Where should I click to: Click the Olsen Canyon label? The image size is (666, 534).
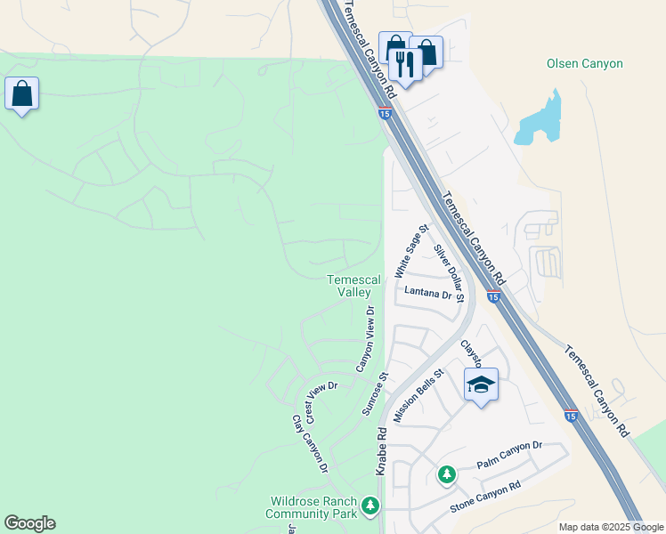point(584,63)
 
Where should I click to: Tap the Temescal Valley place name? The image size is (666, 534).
point(353,286)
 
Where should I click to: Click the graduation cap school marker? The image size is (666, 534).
point(481,385)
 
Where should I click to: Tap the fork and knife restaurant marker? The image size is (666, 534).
point(404,65)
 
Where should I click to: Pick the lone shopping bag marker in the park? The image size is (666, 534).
point(21,93)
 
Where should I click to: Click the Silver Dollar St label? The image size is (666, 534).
point(449,272)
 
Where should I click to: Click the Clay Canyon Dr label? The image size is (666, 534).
point(310,442)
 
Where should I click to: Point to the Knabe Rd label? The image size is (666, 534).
point(381,451)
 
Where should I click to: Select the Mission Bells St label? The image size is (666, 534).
point(418,397)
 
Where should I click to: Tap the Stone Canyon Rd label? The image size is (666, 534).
point(484,498)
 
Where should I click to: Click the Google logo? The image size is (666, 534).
point(29,523)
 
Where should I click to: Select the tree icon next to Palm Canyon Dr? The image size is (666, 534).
point(446,473)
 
